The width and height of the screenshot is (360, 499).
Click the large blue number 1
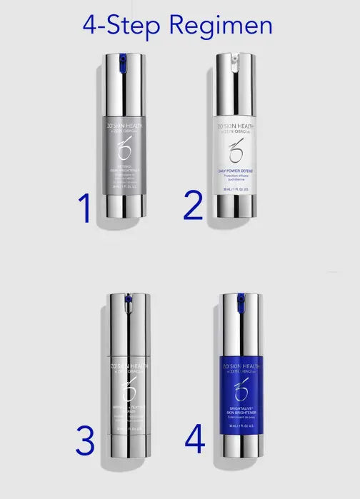tap(85, 208)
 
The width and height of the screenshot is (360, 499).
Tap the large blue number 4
tap(195, 438)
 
